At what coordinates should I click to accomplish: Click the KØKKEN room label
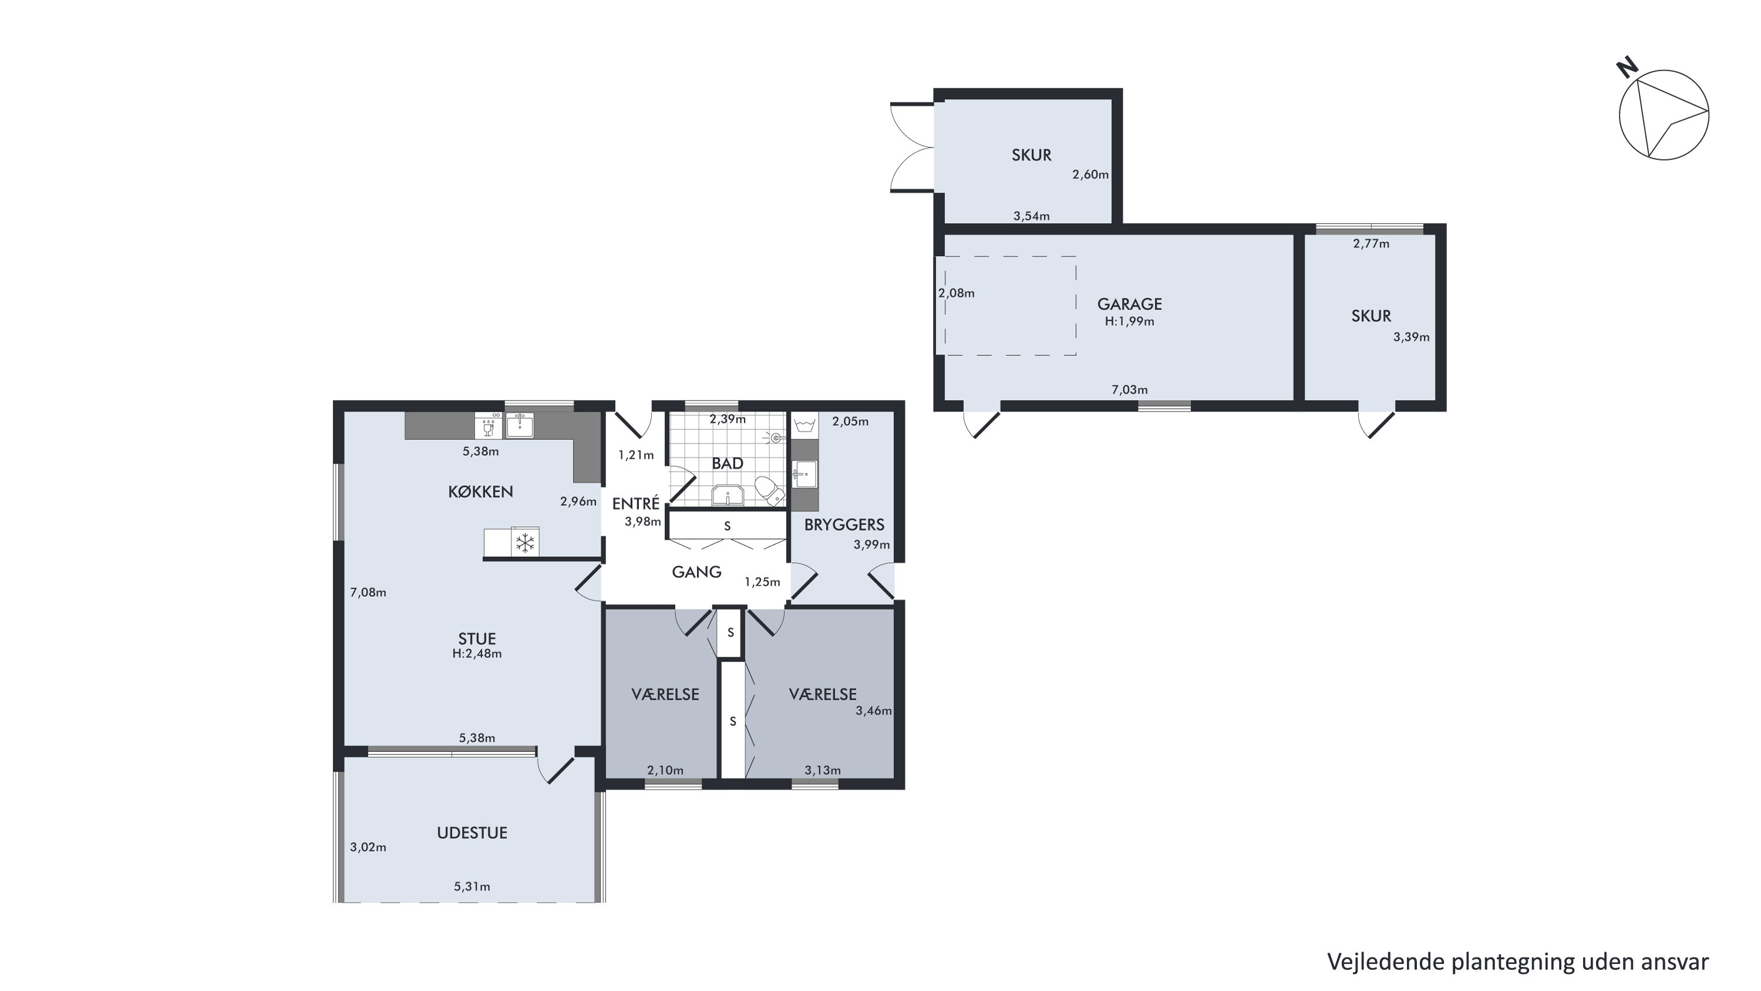480,492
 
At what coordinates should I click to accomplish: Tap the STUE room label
476,639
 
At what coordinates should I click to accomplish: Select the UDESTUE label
472,833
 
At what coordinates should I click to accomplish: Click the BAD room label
728,463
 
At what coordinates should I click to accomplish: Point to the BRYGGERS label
844,525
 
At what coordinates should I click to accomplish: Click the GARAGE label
1129,304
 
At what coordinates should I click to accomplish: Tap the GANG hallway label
696,572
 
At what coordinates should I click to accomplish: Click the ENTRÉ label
636,503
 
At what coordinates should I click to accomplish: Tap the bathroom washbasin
728,495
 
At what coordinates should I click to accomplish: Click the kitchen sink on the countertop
520,425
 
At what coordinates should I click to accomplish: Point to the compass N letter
1628,68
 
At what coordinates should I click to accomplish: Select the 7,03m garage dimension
1129,390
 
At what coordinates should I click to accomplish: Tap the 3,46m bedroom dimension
874,711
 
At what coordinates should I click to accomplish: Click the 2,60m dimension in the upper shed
1090,174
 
